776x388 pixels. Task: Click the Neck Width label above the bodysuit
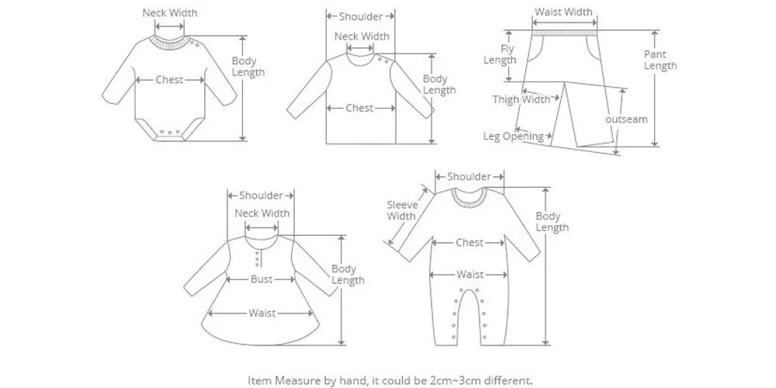(x=170, y=12)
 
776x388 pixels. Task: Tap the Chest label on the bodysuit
(x=169, y=80)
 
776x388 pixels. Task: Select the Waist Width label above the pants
(x=563, y=12)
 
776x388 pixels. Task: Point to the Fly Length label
(x=499, y=55)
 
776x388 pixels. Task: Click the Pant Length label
(x=660, y=60)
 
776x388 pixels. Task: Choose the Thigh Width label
(x=521, y=99)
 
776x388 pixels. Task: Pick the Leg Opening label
(x=513, y=137)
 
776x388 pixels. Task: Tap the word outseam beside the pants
(x=626, y=120)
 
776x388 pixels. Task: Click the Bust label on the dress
(x=261, y=279)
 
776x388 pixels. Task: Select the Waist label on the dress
(x=262, y=314)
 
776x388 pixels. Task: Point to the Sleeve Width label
(x=402, y=210)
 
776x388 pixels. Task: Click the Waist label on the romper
(x=469, y=275)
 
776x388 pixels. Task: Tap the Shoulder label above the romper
(x=469, y=177)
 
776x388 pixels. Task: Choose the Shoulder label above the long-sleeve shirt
(x=360, y=16)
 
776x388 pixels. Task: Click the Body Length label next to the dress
(x=348, y=275)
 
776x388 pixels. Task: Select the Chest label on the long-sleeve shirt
(x=359, y=109)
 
